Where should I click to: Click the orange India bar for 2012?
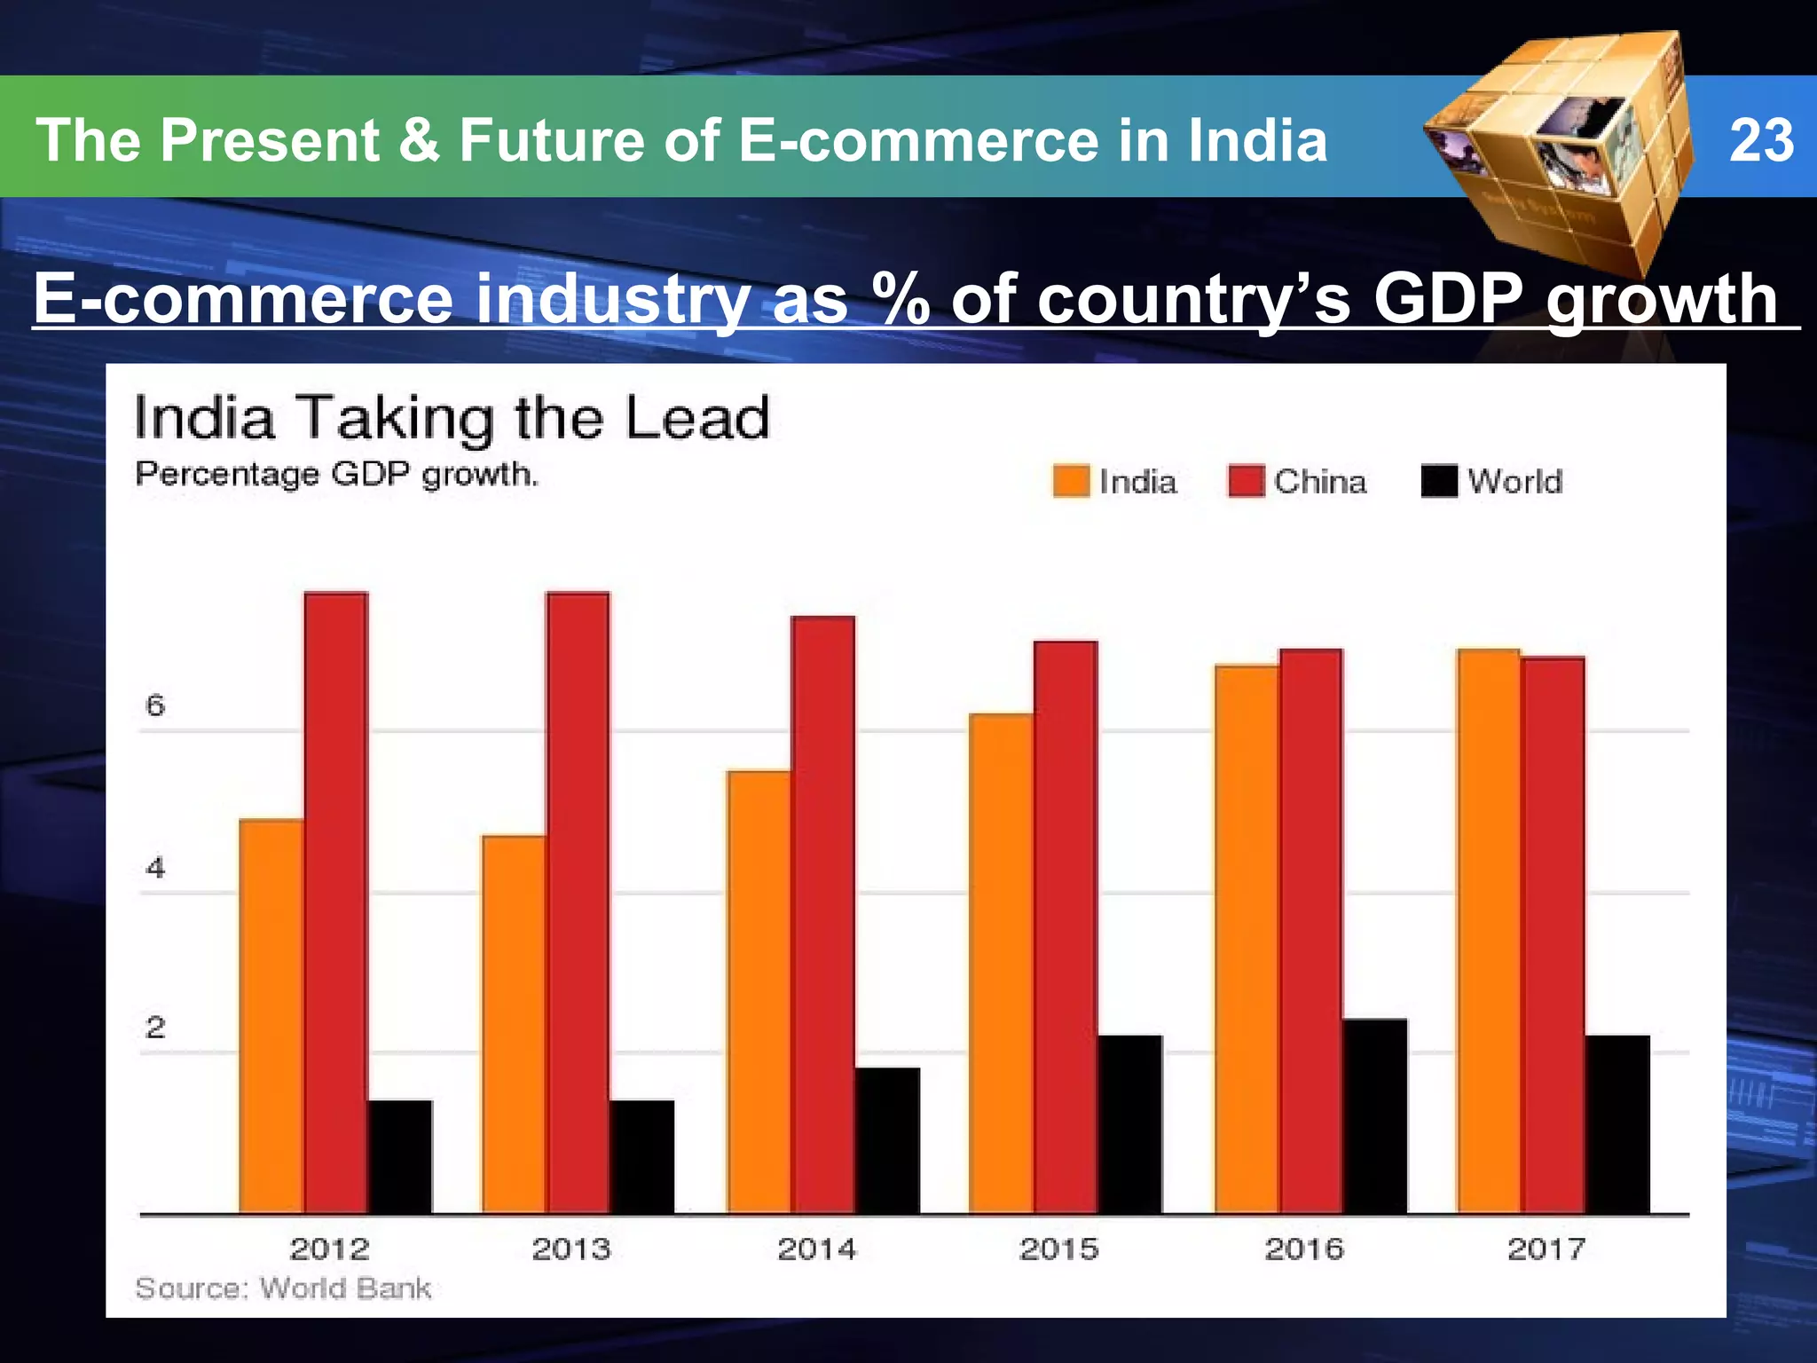271,1016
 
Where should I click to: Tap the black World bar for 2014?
887,1140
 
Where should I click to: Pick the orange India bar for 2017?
1488,932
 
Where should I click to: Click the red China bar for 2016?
1310,932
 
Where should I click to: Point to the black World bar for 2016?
1374,1116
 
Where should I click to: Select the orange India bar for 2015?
1001,963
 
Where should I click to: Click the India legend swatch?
1071,482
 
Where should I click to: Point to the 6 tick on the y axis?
155,706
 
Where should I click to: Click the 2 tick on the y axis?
155,1028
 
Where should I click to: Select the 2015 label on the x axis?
1059,1249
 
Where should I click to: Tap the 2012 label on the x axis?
329,1249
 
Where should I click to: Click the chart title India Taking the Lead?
452,418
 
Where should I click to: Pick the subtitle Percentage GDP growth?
336,475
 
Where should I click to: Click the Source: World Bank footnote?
283,1288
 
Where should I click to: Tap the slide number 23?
1761,140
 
